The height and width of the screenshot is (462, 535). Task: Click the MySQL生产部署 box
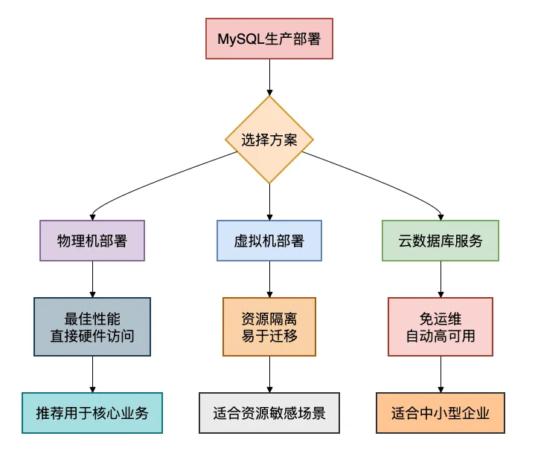point(269,39)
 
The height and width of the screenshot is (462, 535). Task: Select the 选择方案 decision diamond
point(269,140)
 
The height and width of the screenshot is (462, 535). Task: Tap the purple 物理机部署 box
point(92,241)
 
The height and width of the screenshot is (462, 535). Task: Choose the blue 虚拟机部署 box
point(269,241)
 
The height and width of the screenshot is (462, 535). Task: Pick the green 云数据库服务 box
point(441,241)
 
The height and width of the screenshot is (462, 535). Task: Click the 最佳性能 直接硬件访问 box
point(92,327)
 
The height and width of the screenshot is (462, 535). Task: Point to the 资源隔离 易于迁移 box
point(269,327)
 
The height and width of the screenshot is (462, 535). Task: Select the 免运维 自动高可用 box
point(441,327)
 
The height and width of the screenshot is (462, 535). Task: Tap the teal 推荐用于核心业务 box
point(92,413)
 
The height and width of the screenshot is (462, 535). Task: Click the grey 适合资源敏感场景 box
point(269,413)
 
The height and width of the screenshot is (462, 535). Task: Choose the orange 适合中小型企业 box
point(441,413)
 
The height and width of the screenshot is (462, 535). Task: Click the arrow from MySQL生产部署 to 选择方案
point(269,77)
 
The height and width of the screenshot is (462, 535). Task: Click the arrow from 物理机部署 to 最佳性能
point(92,279)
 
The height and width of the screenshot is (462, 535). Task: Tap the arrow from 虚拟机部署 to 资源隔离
point(269,279)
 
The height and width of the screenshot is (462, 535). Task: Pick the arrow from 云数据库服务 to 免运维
point(441,279)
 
